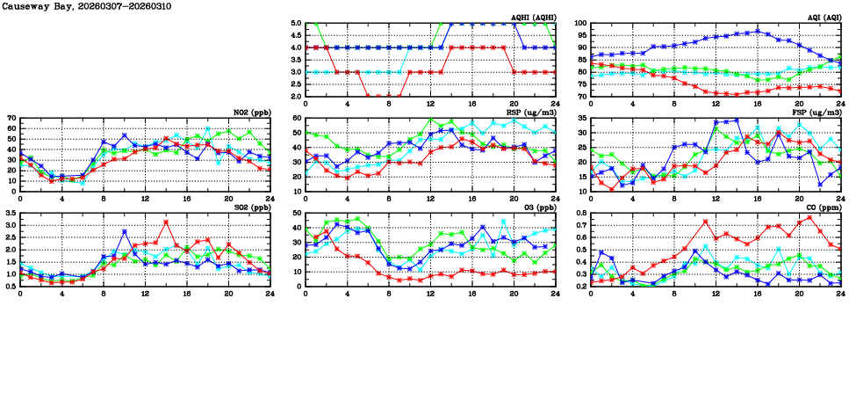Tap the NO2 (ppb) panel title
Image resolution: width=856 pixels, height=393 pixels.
(x=250, y=112)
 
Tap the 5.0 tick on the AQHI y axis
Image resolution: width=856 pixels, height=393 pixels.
(x=297, y=24)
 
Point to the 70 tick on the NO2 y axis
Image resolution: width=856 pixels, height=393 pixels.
(x=11, y=118)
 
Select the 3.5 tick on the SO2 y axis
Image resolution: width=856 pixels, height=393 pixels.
(x=11, y=214)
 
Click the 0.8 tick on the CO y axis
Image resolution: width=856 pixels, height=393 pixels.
(x=581, y=214)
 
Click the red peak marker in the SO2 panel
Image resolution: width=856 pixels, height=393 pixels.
(x=166, y=222)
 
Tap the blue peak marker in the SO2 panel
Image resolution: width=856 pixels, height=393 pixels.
(x=125, y=231)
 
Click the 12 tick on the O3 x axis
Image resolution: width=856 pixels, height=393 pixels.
(x=430, y=294)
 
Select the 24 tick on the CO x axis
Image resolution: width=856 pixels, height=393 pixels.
(x=840, y=294)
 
